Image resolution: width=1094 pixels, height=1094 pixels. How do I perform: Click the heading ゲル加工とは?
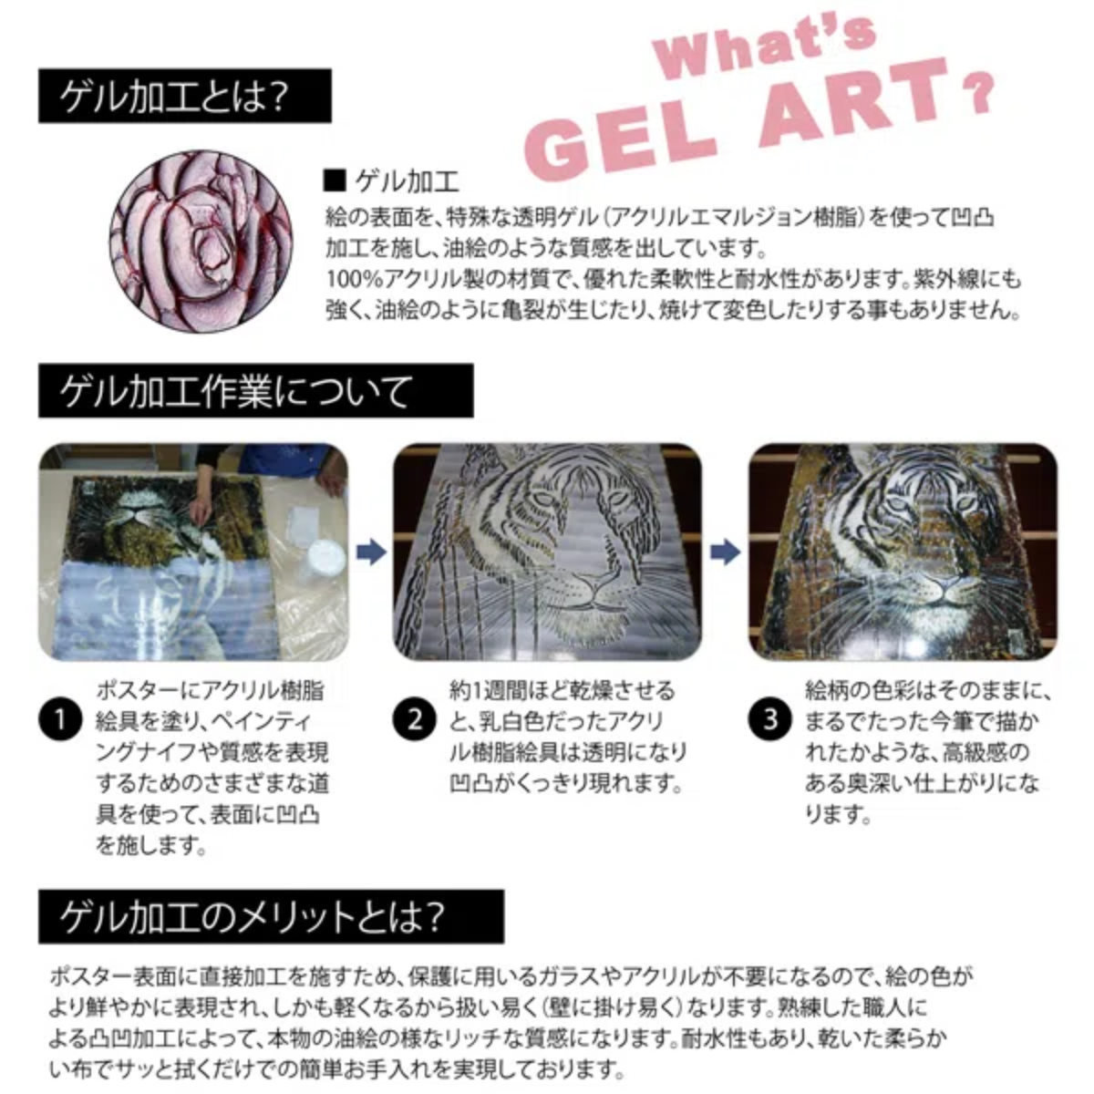point(173,98)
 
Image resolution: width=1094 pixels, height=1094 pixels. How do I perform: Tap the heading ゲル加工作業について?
point(236,392)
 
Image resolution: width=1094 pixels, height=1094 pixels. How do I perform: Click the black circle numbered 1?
point(60,720)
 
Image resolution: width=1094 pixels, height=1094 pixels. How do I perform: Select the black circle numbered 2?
point(415,720)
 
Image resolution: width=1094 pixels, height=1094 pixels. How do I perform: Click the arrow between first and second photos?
point(370,552)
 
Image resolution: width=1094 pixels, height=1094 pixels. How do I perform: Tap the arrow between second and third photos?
point(725,552)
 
